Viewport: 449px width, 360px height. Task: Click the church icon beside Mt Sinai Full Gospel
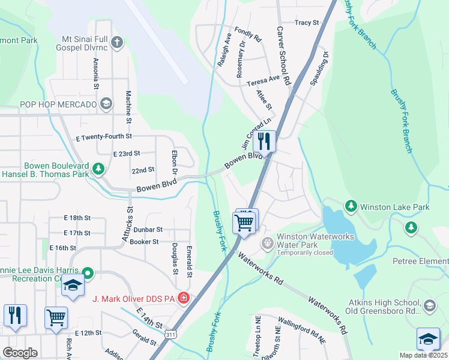pyautogui.click(x=117, y=43)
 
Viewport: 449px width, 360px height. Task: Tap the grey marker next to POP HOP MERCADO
pyautogui.click(x=107, y=104)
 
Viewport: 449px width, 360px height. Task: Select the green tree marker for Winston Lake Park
pyautogui.click(x=351, y=206)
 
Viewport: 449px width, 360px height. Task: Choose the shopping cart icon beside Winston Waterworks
pyautogui.click(x=245, y=222)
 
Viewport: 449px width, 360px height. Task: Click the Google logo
pyautogui.click(x=20, y=353)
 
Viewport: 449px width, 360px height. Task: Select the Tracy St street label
pyautogui.click(x=307, y=23)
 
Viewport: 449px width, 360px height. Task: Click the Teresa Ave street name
pyautogui.click(x=263, y=79)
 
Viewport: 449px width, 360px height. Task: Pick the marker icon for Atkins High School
pyautogui.click(x=429, y=307)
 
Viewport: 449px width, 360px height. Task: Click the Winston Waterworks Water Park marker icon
pyautogui.click(x=267, y=244)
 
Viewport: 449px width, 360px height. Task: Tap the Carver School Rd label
pyautogui.click(x=283, y=55)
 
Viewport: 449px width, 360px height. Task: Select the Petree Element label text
pyautogui.click(x=420, y=261)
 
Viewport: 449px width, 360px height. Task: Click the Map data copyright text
pyautogui.click(x=424, y=355)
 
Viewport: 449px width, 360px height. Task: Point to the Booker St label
pyautogui.click(x=144, y=242)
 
